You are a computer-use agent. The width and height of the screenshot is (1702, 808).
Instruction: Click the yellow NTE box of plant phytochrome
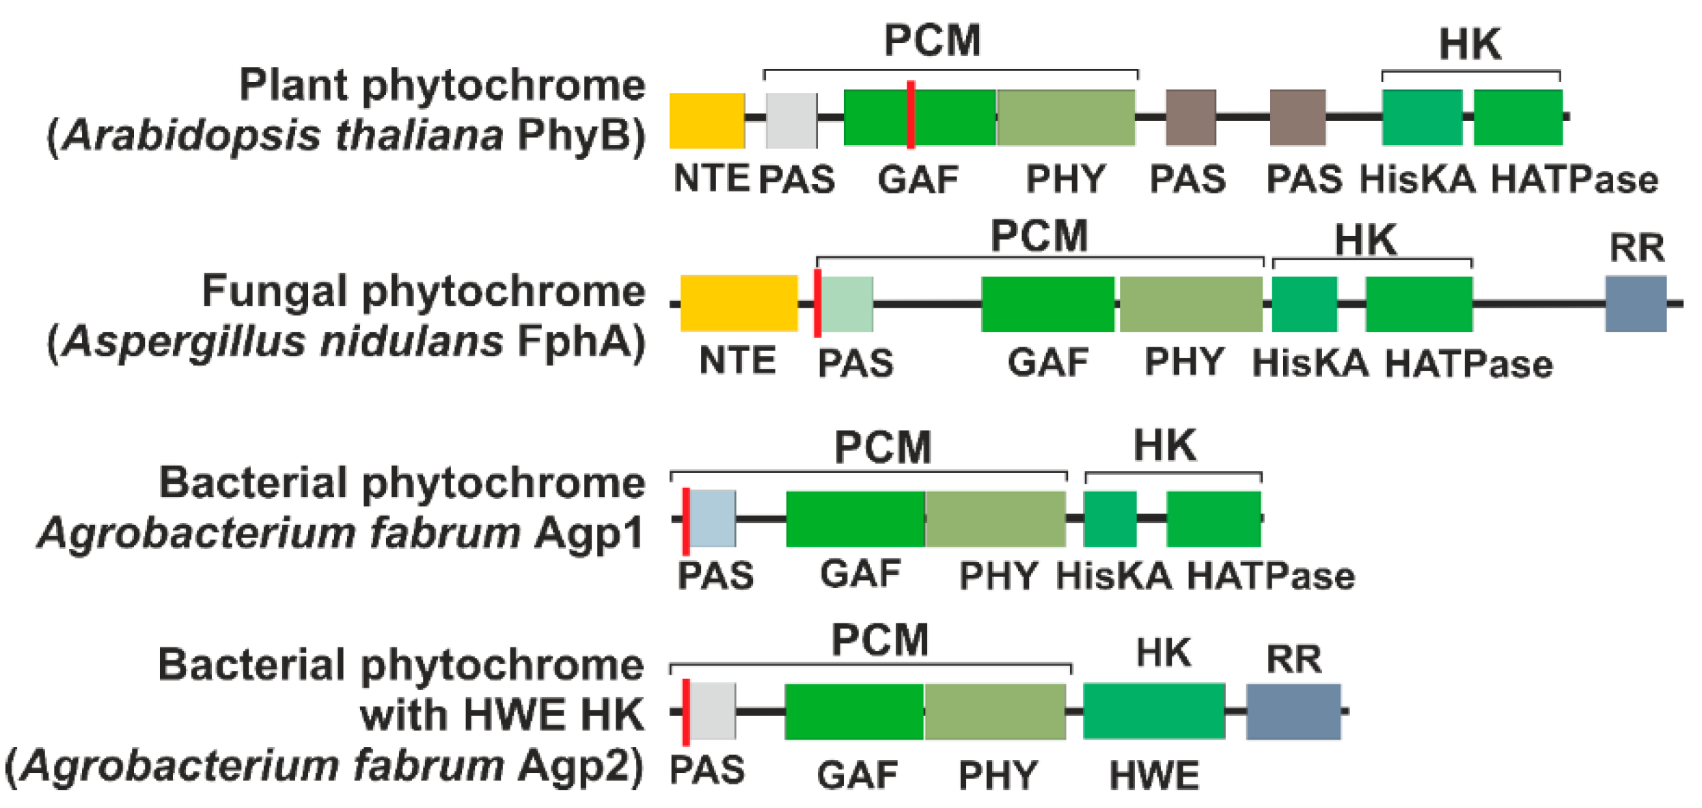tap(706, 120)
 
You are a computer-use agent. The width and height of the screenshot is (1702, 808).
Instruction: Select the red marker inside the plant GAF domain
tap(911, 115)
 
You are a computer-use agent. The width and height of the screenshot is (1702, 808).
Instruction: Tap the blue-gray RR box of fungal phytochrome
tap(1635, 304)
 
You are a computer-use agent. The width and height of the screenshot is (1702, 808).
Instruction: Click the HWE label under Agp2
tap(1153, 776)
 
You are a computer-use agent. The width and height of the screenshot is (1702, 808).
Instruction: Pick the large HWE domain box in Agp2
tap(1153, 711)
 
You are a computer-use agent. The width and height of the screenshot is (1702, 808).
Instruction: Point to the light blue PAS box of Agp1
tap(713, 518)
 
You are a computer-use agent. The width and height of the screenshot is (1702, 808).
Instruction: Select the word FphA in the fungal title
tap(575, 340)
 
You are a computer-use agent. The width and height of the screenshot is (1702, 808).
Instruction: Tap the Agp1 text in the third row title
tap(589, 533)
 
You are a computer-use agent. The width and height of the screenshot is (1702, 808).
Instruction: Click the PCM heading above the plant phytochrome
tap(932, 41)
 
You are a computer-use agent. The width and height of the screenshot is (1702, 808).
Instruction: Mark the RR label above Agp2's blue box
tap(1293, 660)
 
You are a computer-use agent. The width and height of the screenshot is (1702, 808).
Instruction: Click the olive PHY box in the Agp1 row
tap(996, 519)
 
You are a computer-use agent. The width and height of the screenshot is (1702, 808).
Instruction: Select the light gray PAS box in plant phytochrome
tap(791, 120)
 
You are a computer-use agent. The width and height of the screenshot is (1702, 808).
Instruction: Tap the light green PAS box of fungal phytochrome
tap(847, 304)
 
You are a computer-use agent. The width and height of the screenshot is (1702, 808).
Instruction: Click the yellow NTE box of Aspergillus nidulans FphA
tap(739, 304)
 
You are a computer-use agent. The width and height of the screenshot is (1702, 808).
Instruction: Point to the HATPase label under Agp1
tap(1271, 576)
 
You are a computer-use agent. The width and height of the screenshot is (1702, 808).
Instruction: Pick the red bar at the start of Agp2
tap(686, 712)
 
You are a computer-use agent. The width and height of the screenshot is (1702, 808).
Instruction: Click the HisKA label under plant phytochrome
tap(1417, 180)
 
